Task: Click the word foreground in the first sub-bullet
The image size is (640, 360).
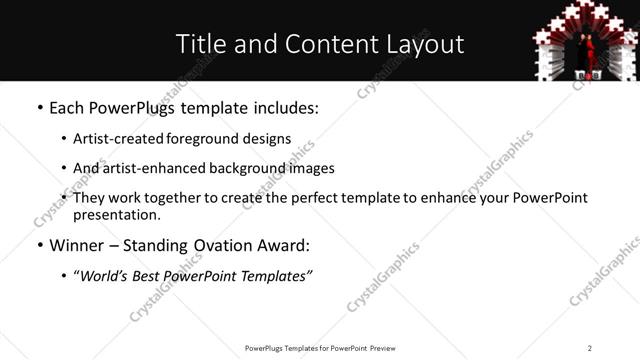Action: (196, 139)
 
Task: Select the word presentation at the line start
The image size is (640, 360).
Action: (116, 214)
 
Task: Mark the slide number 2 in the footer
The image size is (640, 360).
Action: (590, 347)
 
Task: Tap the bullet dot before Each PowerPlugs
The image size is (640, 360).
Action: (39, 108)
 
